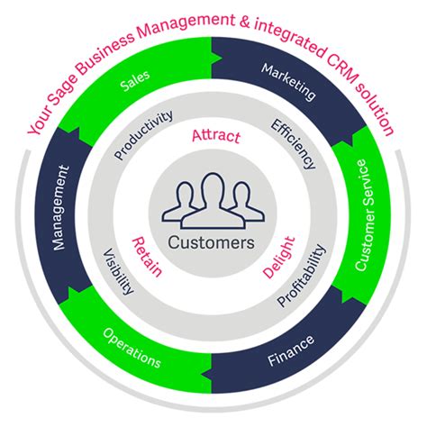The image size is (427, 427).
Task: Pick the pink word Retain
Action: (x=147, y=255)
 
